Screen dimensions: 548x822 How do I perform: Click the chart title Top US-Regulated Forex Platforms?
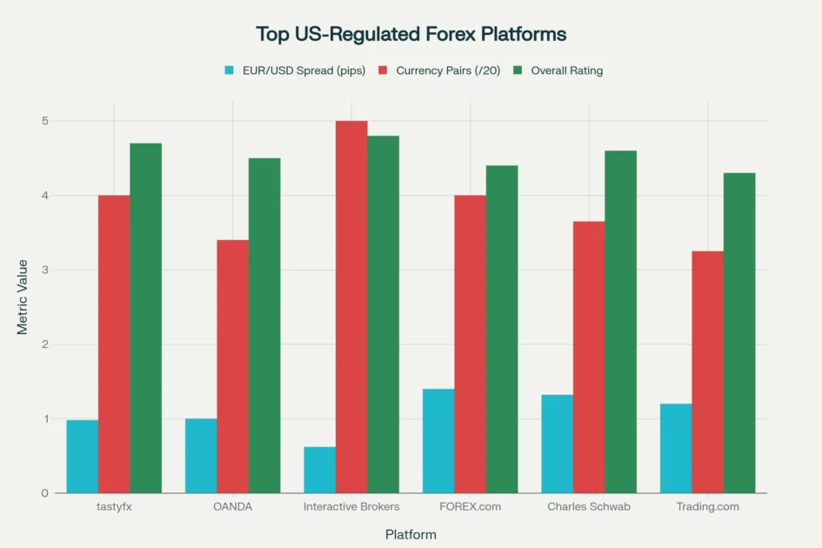pos(411,34)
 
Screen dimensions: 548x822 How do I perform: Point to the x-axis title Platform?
pos(411,534)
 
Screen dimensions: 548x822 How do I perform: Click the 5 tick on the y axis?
pos(44,121)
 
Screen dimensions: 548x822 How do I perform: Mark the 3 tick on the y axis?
pos(44,270)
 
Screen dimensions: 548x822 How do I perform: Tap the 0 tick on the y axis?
pos(44,493)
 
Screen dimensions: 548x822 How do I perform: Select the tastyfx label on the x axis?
pos(114,507)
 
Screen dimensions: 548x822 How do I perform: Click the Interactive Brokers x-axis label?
pos(351,507)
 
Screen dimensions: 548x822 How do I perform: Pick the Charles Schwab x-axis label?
pos(589,507)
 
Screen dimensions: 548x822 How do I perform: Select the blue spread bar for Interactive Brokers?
pos(320,470)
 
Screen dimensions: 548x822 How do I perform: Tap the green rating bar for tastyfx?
pos(146,318)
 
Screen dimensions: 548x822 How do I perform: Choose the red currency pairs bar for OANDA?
pos(232,366)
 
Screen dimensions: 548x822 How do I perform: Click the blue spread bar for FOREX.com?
pos(438,441)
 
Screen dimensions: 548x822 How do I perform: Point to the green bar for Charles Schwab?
pos(621,322)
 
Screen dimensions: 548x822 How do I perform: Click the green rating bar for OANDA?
pos(264,325)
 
